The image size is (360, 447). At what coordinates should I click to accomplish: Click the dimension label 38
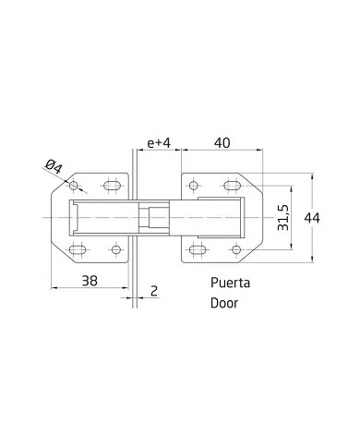point(90,281)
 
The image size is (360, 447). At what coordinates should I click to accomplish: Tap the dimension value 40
point(222,143)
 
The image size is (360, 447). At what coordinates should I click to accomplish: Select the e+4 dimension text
point(159,143)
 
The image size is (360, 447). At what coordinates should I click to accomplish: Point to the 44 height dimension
point(312,218)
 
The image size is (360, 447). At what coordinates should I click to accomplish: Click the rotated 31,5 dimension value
point(283,217)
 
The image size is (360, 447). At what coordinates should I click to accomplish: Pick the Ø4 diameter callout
point(54,166)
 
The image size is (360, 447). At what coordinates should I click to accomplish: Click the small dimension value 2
point(154,291)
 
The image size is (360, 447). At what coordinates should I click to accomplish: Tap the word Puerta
point(230,283)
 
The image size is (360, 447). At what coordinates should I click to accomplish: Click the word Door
point(224,303)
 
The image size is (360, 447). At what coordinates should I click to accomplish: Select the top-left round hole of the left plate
point(74,186)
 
